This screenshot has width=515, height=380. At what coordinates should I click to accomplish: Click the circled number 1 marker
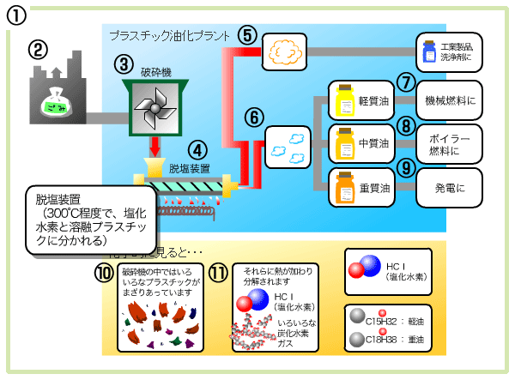[x=17, y=15]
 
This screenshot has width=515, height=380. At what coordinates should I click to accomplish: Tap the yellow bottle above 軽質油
[x=346, y=100]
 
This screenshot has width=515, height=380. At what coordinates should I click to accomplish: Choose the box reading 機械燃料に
[x=450, y=100]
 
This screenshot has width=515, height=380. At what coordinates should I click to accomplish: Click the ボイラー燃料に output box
[x=450, y=143]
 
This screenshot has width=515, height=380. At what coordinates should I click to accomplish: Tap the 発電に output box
[x=450, y=187]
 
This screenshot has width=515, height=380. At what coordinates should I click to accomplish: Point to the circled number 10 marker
[x=105, y=274]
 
